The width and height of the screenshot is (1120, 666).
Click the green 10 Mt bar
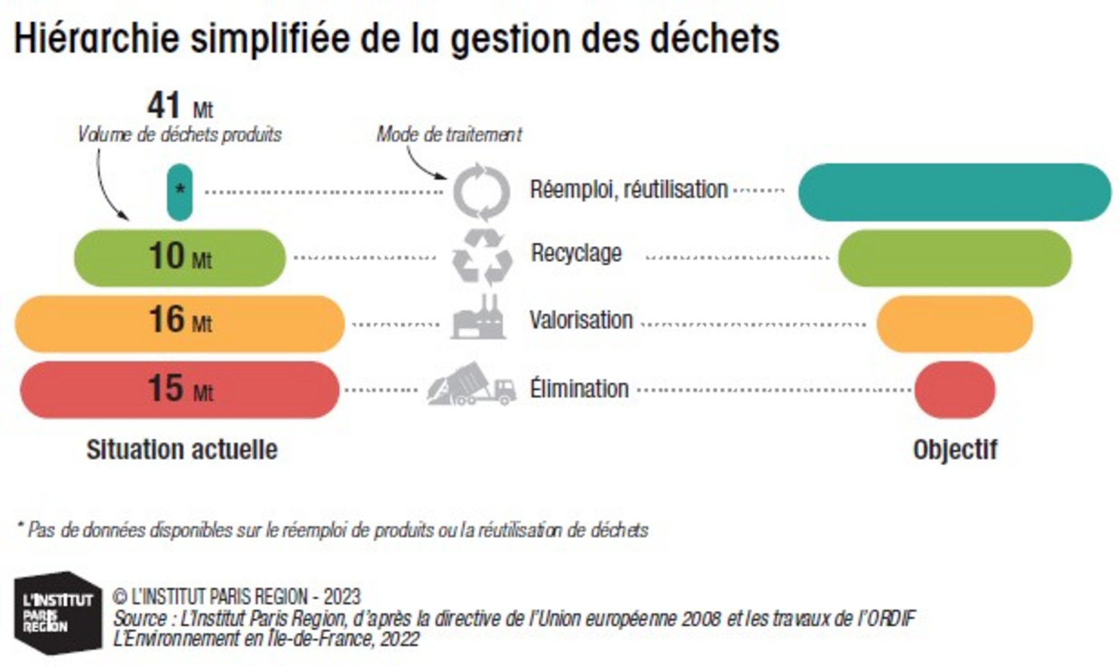pyautogui.click(x=180, y=258)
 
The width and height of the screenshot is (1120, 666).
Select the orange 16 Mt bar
pyautogui.click(x=180, y=324)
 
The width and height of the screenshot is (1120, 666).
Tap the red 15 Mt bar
pyautogui.click(x=180, y=390)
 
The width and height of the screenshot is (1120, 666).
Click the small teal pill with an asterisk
pyautogui.click(x=180, y=192)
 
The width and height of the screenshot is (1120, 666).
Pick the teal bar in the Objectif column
pyautogui.click(x=954, y=192)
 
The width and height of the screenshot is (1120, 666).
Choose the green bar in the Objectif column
pyautogui.click(x=954, y=258)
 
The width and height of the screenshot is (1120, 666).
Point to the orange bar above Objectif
pyautogui.click(x=954, y=324)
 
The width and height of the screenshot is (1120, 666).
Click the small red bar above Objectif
pyautogui.click(x=954, y=390)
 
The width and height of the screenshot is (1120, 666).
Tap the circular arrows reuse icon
pyautogui.click(x=481, y=192)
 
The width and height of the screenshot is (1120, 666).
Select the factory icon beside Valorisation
pyautogui.click(x=479, y=319)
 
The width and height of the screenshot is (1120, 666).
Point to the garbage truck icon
pyautogui.click(x=471, y=385)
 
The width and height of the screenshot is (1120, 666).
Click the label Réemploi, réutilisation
pyautogui.click(x=628, y=190)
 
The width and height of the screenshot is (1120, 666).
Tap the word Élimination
pyautogui.click(x=579, y=388)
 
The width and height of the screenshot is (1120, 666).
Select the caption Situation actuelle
pyautogui.click(x=182, y=450)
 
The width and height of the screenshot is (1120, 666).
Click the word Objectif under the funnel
pyautogui.click(x=955, y=450)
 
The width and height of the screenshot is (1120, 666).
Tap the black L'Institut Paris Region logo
pyautogui.click(x=58, y=612)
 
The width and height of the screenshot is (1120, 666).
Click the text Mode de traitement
pyautogui.click(x=449, y=135)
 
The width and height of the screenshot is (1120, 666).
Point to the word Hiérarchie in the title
pyautogui.click(x=96, y=38)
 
